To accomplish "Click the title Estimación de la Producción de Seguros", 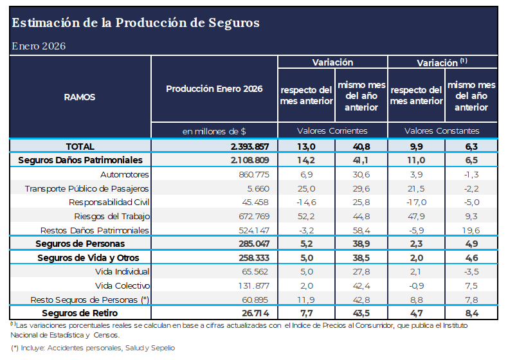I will click(x=136, y=23).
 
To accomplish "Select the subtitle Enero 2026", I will click(x=39, y=46).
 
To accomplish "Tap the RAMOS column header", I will click(x=80, y=97).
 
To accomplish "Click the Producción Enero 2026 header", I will click(x=214, y=89).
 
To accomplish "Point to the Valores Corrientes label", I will click(x=332, y=130).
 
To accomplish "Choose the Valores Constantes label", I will click(x=442, y=130).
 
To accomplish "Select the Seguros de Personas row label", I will click(x=80, y=244).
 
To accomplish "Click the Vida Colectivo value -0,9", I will click(x=416, y=285).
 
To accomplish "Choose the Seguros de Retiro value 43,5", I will click(x=361, y=313).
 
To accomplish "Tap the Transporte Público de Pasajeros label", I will click(x=87, y=188).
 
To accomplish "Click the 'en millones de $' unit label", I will click(x=214, y=130).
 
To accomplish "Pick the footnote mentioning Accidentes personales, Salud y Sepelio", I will click(x=93, y=348).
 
